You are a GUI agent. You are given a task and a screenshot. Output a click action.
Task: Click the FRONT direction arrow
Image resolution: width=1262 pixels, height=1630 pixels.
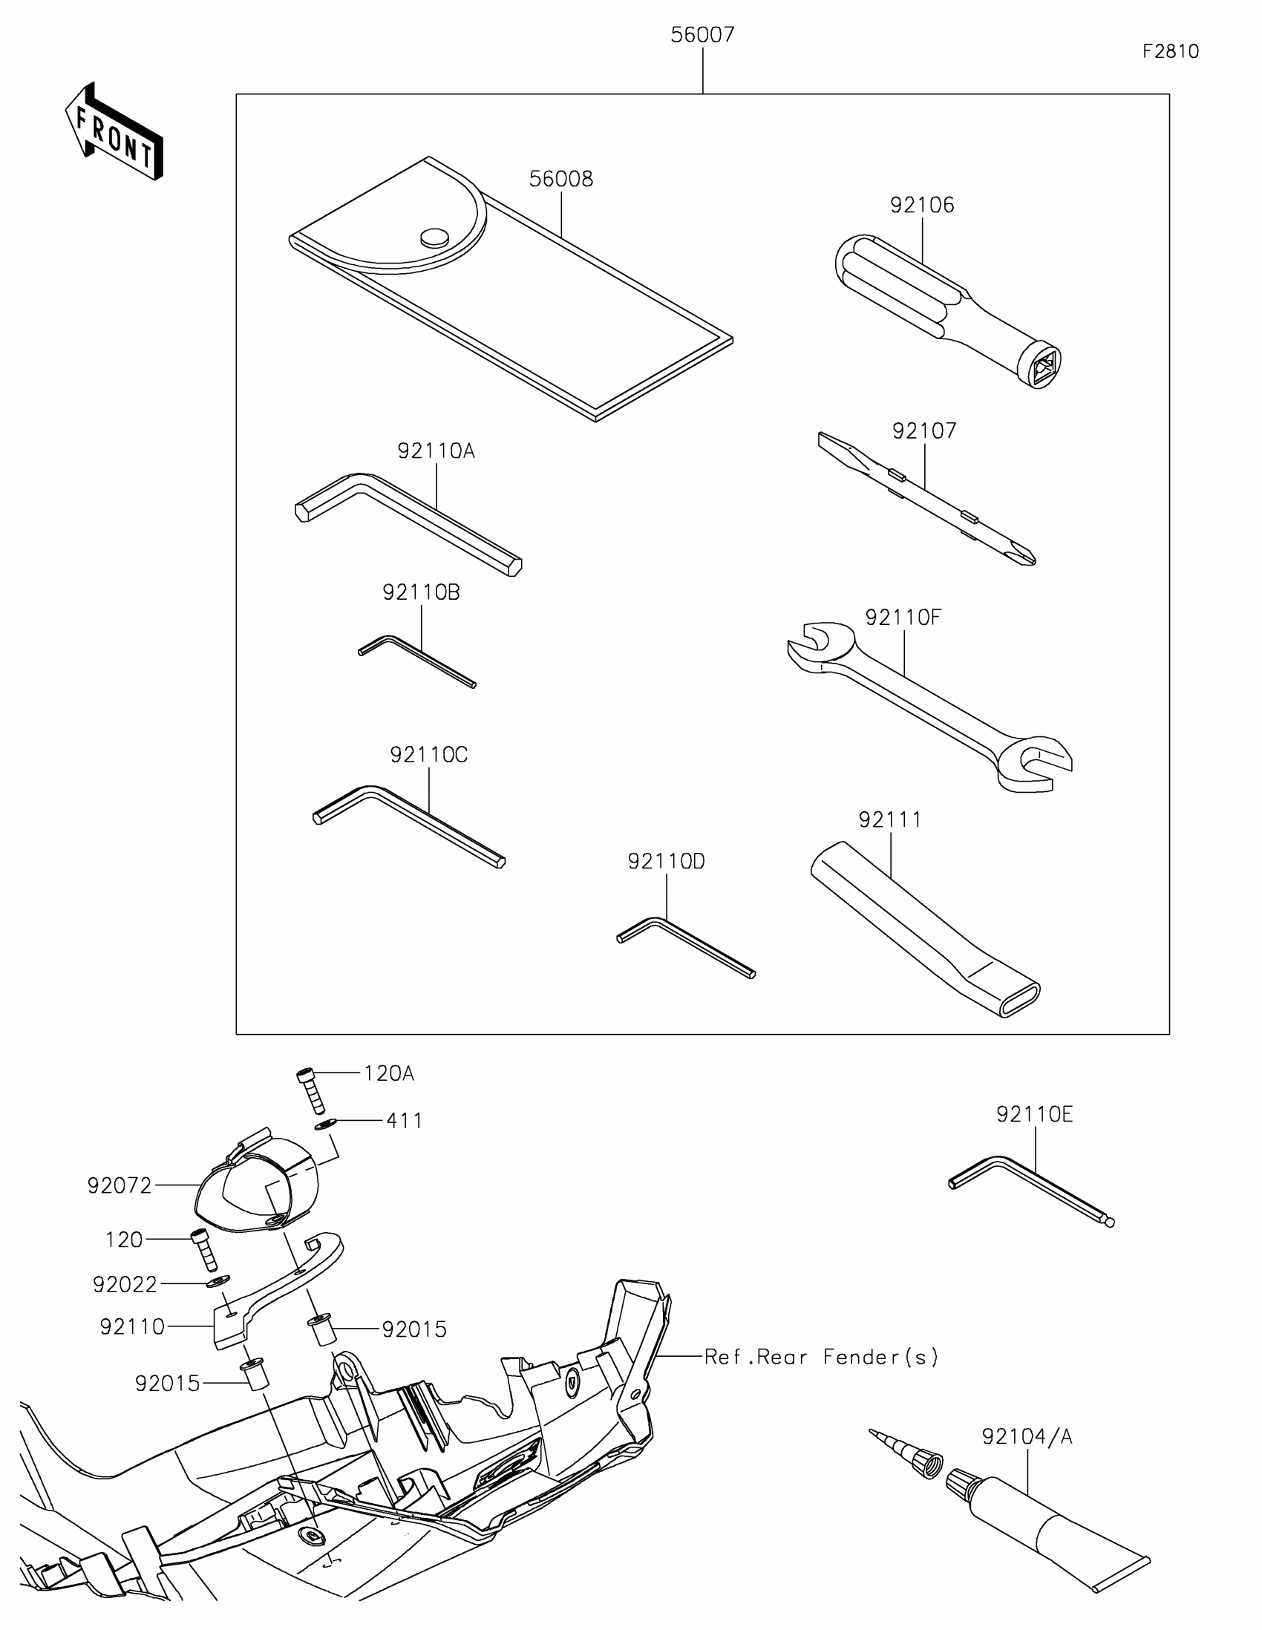pos(114,132)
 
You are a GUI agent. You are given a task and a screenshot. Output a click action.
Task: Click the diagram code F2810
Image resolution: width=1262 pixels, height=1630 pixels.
pos(1170,51)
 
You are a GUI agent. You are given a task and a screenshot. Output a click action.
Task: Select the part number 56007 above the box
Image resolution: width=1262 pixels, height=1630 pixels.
pos(702,35)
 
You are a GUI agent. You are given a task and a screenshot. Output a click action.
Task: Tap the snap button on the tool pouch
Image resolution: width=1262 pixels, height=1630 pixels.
pos(434,238)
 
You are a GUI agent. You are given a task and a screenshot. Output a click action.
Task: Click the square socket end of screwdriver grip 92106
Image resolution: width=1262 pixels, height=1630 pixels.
pos(1040,366)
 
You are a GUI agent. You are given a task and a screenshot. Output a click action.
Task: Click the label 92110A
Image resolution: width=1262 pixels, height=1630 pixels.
pos(436,451)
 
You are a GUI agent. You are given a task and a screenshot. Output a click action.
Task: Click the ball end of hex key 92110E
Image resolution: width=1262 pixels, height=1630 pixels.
pos(1110,1222)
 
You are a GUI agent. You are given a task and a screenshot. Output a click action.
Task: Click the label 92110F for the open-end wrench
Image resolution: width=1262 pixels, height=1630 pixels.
pos(903,618)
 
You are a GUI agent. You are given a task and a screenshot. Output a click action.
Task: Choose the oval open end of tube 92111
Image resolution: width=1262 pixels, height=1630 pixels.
pos(1019,998)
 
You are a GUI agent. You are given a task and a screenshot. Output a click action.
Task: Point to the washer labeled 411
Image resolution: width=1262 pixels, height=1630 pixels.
pos(324,1125)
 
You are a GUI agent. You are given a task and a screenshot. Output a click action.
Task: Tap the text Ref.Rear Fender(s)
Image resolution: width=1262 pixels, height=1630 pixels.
pos(822,1357)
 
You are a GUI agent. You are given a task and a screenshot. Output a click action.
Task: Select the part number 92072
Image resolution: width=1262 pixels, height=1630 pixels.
pos(120,1185)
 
